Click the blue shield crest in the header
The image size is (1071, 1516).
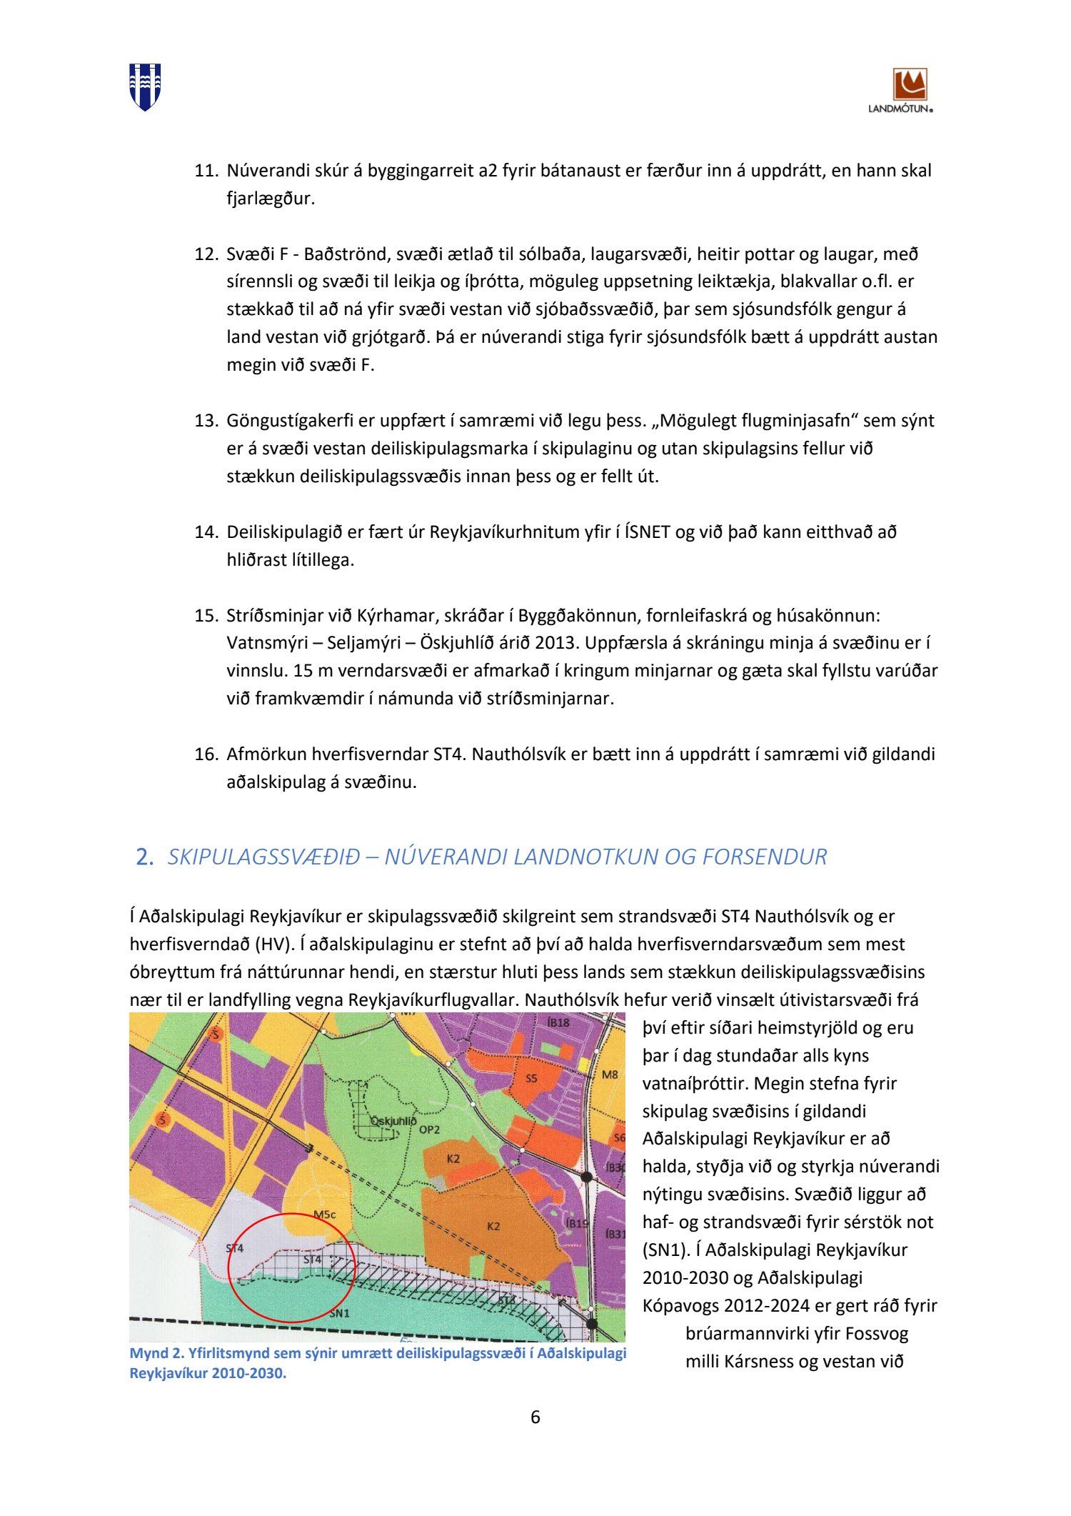click(x=144, y=86)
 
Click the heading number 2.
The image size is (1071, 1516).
click(x=145, y=857)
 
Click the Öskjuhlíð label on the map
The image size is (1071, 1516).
click(x=393, y=1122)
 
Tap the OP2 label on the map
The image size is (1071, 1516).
click(x=429, y=1129)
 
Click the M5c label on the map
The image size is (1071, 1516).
click(x=324, y=1215)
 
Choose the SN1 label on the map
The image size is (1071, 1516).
click(x=339, y=1313)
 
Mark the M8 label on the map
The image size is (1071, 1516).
click(x=609, y=1074)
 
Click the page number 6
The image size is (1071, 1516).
click(x=535, y=1417)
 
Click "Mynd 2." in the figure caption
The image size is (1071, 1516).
click(x=154, y=1354)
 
